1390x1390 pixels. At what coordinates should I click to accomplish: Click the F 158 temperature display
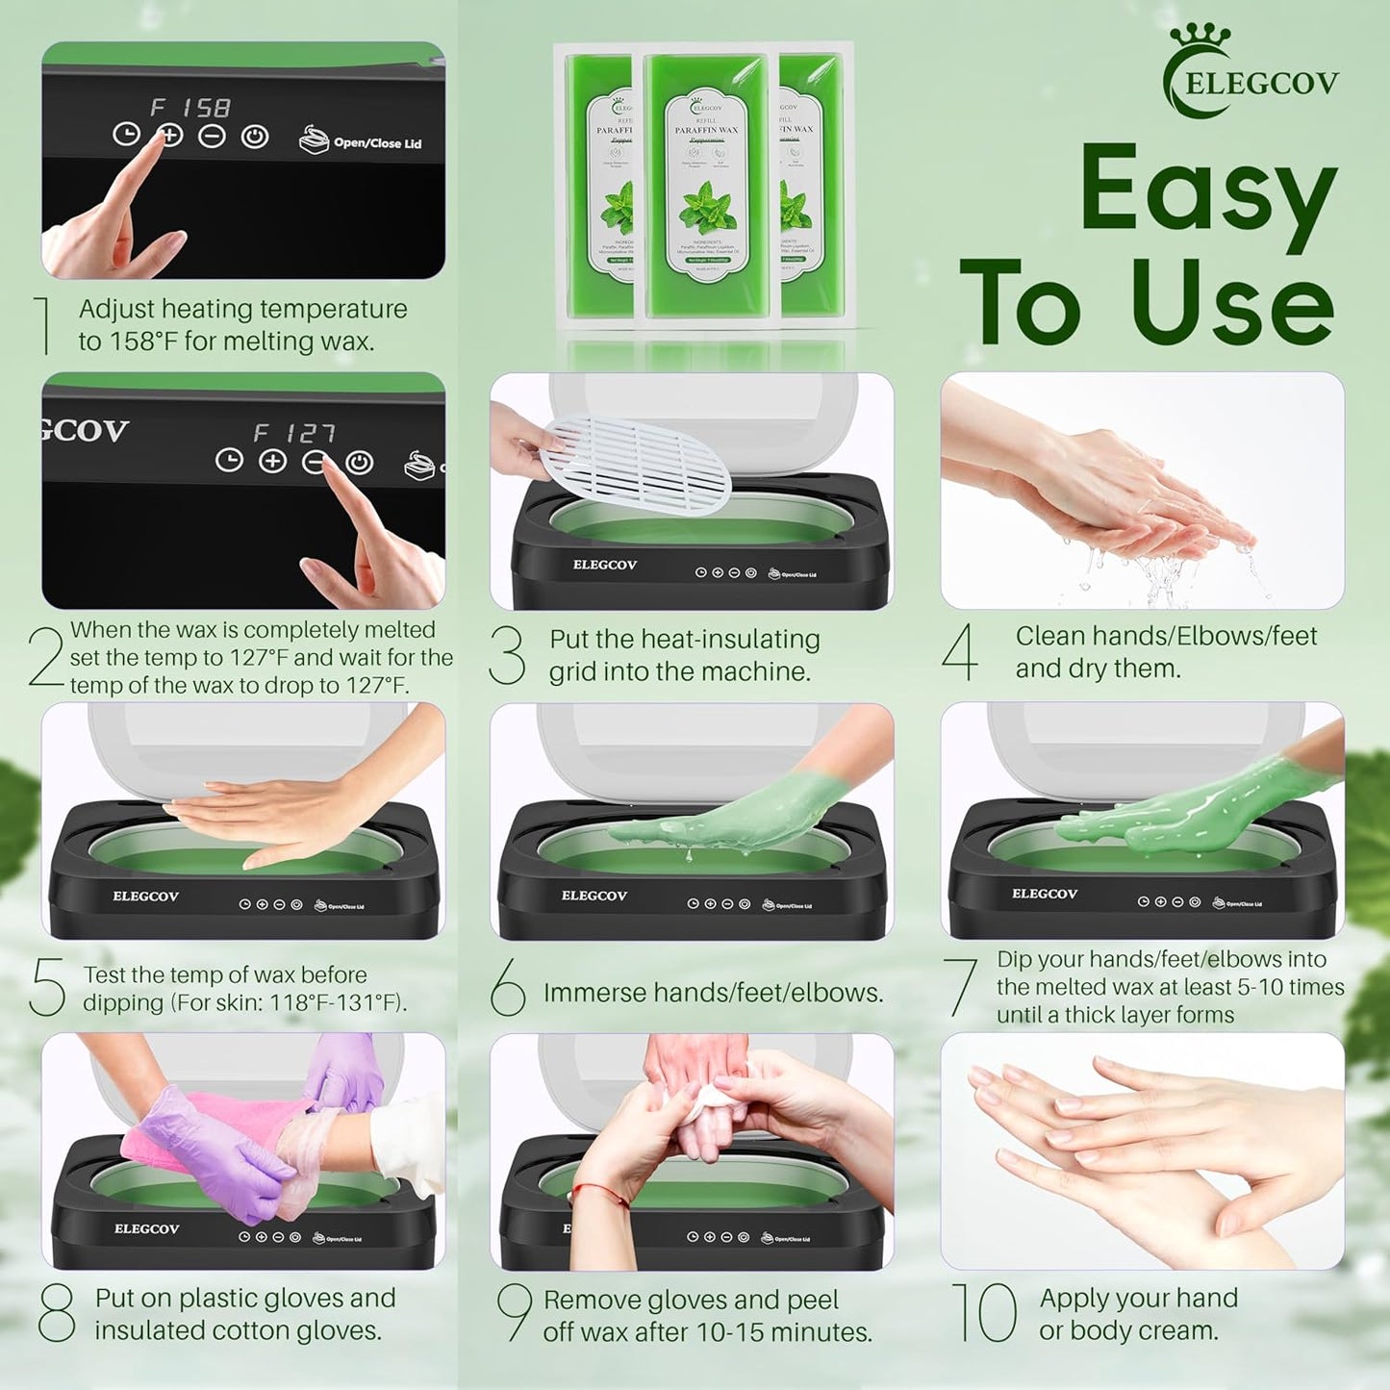(190, 107)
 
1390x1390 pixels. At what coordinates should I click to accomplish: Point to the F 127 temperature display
(294, 433)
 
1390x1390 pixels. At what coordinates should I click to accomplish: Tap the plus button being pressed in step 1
(170, 136)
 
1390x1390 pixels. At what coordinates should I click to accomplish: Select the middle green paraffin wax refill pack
(706, 185)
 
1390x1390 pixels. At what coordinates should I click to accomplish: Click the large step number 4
(960, 652)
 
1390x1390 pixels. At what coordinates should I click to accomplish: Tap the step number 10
(983, 1312)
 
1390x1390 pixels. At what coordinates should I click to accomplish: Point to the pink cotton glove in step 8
(216, 1125)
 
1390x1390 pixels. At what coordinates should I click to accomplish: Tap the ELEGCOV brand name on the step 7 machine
(1044, 894)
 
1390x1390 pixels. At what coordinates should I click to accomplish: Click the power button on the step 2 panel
(359, 463)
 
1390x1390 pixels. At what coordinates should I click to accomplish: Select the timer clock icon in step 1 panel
(127, 135)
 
